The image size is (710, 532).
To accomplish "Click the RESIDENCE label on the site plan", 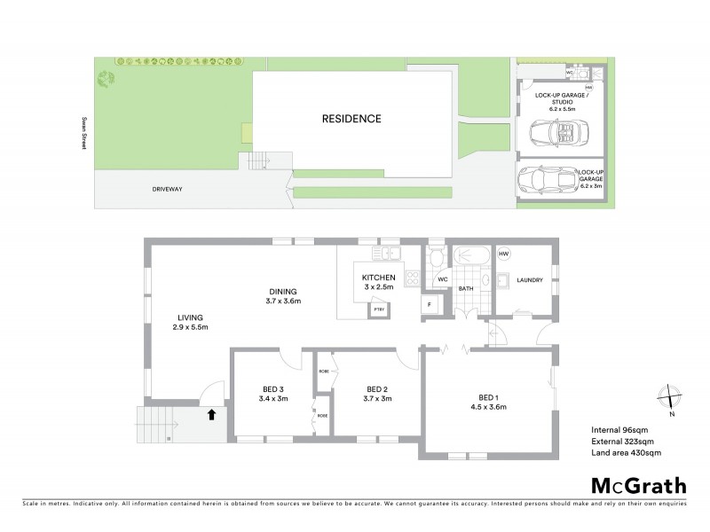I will (351, 118).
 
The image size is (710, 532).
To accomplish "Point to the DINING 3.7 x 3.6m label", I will (284, 297).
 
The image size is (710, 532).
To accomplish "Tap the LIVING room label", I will (190, 322).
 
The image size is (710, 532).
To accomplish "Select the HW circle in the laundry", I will (504, 255).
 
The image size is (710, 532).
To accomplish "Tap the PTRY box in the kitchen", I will (379, 309).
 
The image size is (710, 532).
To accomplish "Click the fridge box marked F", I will (430, 305).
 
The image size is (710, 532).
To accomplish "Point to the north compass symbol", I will (672, 398).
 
